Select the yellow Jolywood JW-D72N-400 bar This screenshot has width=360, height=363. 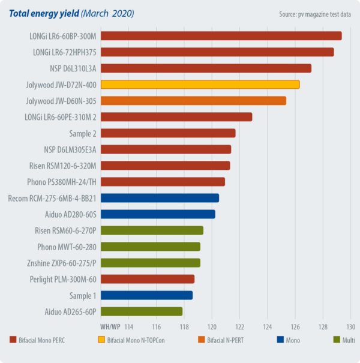click(199, 85)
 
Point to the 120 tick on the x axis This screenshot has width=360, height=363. click(212, 326)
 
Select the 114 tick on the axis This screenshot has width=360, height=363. click(128, 326)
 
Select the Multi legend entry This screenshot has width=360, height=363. click(344, 340)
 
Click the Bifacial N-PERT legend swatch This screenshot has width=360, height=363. click(203, 340)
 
